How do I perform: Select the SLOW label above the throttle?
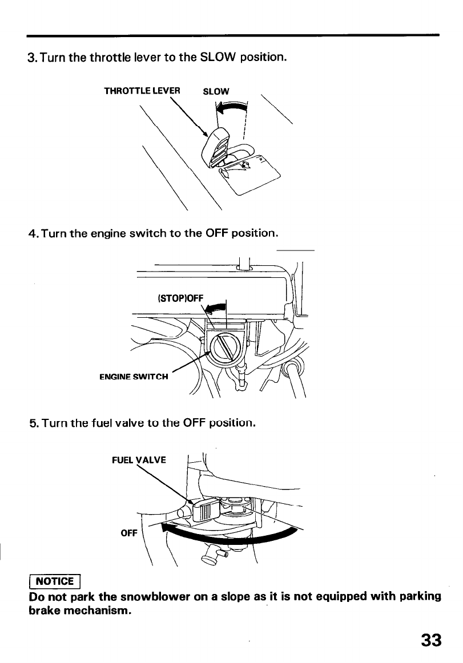click(216, 91)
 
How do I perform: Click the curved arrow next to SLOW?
click(231, 107)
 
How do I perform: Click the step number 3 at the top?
click(31, 58)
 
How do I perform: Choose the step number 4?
click(32, 233)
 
